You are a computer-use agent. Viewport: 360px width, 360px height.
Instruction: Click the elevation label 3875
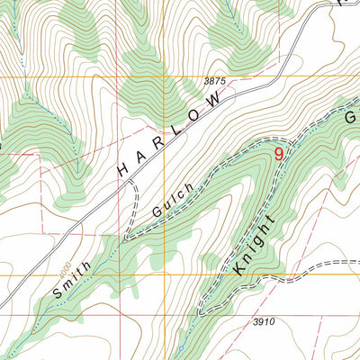(214, 81)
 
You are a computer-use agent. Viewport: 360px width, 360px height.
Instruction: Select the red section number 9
(278, 155)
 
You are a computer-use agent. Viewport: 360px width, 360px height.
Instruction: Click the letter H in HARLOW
(123, 167)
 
